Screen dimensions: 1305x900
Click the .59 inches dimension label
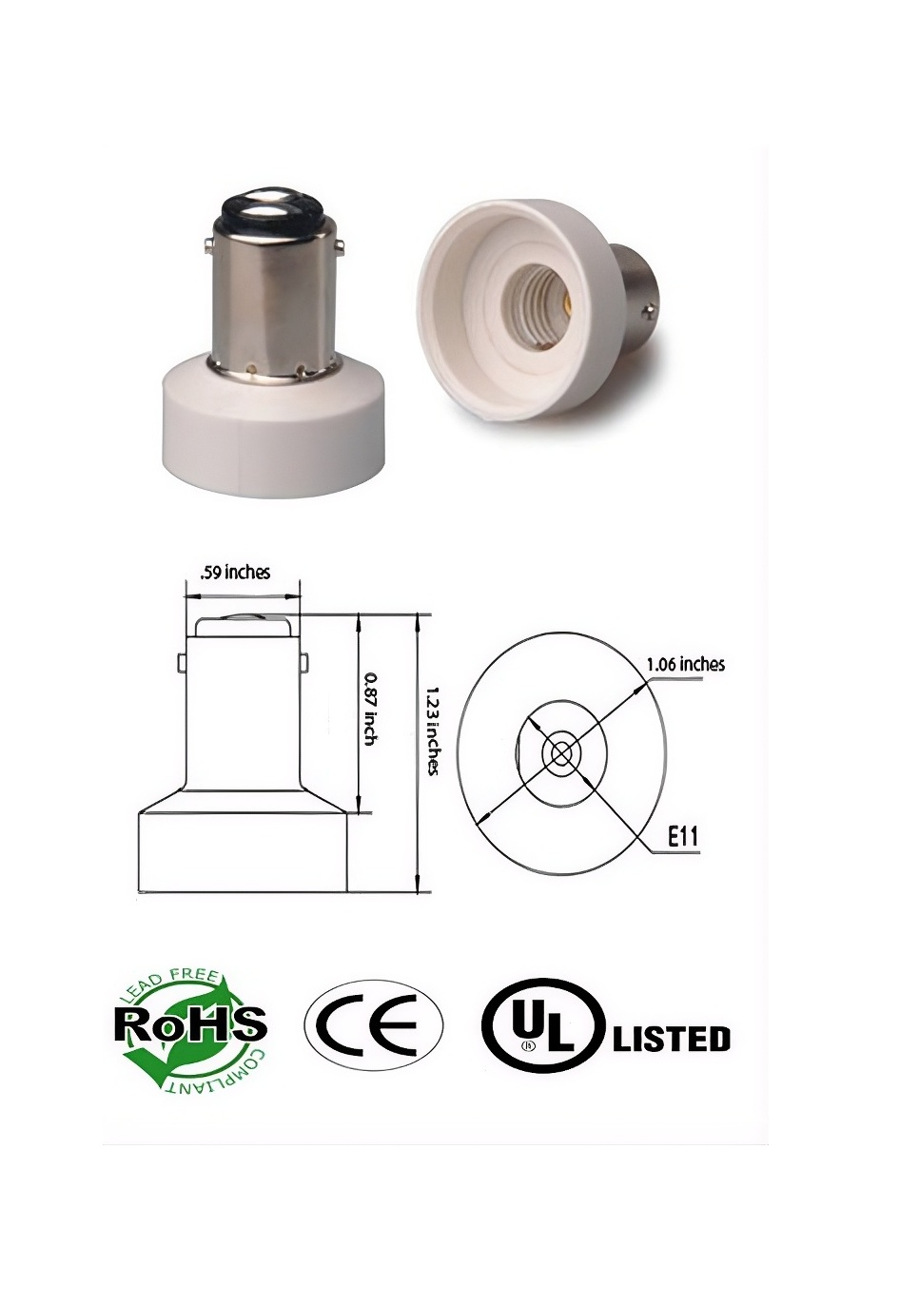click(x=234, y=572)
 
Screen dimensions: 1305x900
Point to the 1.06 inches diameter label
click(x=685, y=664)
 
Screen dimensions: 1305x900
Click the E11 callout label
click(x=683, y=836)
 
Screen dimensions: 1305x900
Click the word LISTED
click(x=671, y=1038)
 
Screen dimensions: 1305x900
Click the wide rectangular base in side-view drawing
click(x=243, y=851)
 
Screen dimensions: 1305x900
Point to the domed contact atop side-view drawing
click(x=243, y=625)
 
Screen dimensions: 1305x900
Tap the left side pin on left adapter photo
click(x=207, y=247)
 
